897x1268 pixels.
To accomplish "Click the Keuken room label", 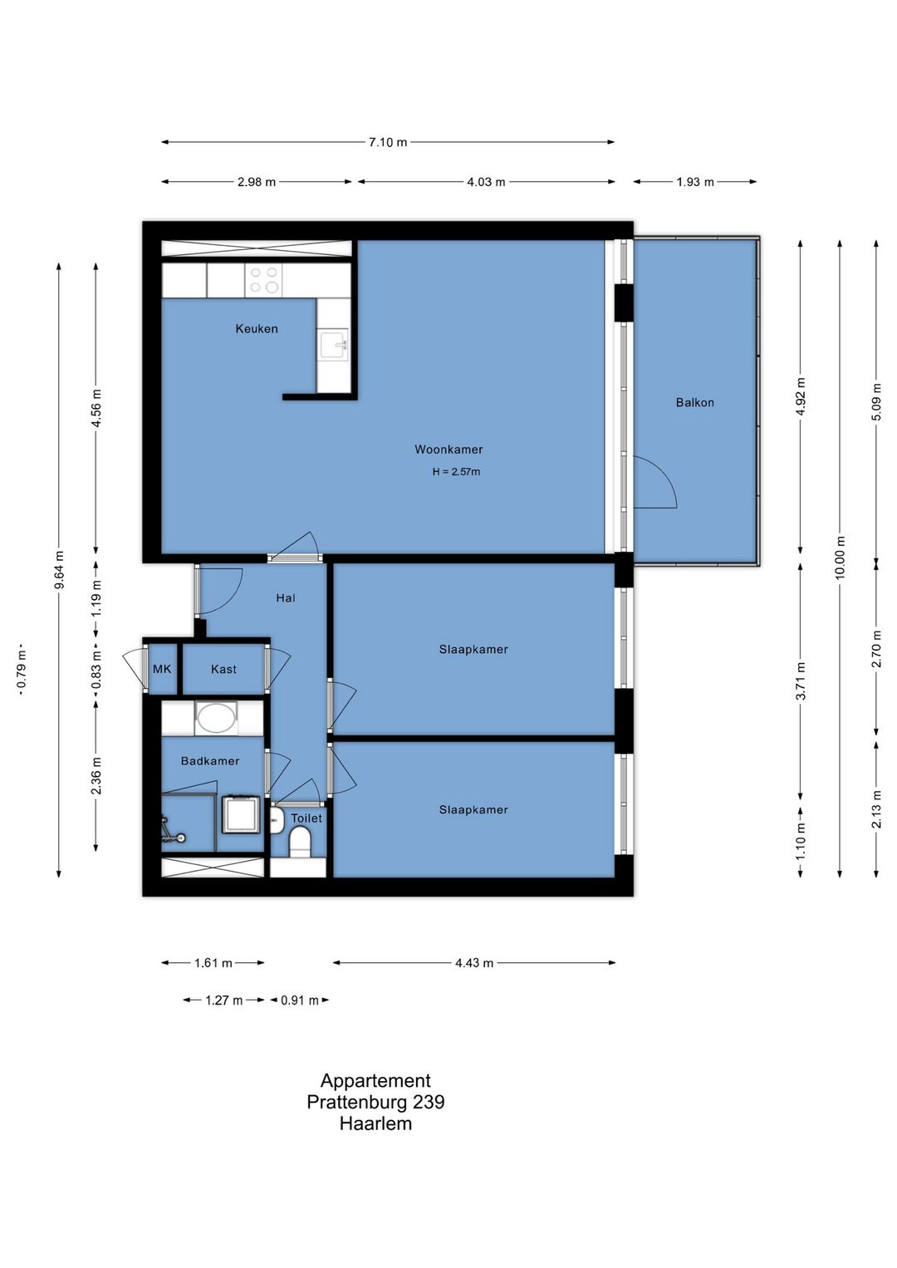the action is pyautogui.click(x=257, y=328).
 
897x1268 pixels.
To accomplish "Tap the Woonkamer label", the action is pyautogui.click(x=448, y=450).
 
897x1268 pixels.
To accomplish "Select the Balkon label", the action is pyautogui.click(x=694, y=402).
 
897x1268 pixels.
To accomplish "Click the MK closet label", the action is pyautogui.click(x=162, y=669).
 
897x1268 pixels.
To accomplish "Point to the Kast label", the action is pyautogui.click(x=223, y=669).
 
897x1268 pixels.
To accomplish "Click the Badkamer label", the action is pyautogui.click(x=210, y=761).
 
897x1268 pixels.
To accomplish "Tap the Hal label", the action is pyautogui.click(x=286, y=597).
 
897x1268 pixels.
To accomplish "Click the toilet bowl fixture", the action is pyautogui.click(x=300, y=843).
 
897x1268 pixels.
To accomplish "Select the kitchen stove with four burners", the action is pyautogui.click(x=264, y=280).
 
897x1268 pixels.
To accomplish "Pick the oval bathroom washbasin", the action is pyautogui.click(x=215, y=718).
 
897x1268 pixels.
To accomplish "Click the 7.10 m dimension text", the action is pyautogui.click(x=388, y=142).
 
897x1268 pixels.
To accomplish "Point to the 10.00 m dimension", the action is pyautogui.click(x=840, y=558).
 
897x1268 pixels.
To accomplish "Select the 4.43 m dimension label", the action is pyautogui.click(x=474, y=963).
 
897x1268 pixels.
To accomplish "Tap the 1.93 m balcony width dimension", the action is pyautogui.click(x=695, y=182).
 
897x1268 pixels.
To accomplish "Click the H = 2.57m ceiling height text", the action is pyautogui.click(x=456, y=471).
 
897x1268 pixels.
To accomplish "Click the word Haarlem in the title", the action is pyautogui.click(x=375, y=1123).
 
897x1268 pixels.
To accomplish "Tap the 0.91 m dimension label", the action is pyautogui.click(x=300, y=1000).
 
